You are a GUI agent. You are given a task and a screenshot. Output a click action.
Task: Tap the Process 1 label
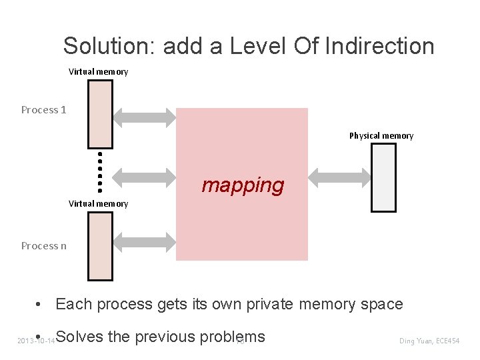[43, 109]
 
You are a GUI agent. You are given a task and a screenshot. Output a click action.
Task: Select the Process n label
[43, 245]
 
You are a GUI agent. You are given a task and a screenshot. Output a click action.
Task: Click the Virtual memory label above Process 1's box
[99, 71]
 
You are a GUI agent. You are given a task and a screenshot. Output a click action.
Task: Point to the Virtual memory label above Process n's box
[99, 203]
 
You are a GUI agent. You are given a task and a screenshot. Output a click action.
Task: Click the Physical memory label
[381, 135]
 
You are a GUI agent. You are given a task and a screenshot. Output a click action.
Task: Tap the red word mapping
[243, 185]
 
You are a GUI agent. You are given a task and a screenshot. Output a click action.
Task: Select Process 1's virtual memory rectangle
[101, 114]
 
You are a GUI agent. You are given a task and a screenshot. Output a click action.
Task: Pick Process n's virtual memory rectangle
[101, 245]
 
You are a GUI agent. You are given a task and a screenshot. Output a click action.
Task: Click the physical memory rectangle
[383, 177]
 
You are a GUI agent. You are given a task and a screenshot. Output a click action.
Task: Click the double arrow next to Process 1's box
[145, 117]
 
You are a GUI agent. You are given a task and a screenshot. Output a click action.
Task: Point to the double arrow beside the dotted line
[145, 177]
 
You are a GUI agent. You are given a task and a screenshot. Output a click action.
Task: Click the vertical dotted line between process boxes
[100, 171]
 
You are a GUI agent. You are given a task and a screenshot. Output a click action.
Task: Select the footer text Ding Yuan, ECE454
[429, 341]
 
